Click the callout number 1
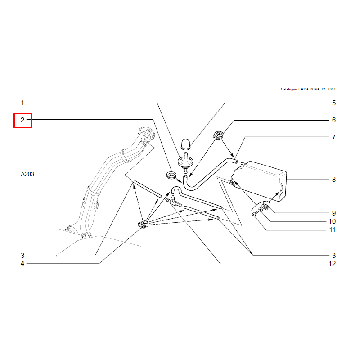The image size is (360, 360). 22,103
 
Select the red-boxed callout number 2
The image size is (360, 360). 22,120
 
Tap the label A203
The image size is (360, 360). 27,174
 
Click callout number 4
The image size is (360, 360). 22,264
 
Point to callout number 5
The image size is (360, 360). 334,103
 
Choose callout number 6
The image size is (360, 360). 334,120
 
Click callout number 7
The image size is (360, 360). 334,137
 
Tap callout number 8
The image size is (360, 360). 334,179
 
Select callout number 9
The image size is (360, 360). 334,213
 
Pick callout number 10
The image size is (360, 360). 332,221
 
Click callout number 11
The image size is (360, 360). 332,230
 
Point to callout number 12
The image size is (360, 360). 332,264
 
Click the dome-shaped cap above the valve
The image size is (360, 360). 186,144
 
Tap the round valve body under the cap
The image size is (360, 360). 185,162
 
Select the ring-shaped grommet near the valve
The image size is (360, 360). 171,175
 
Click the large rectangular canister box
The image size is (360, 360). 259,181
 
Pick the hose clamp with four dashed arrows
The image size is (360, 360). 143,224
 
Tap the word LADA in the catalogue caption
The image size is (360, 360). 303,89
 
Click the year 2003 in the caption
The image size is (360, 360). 331,89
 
